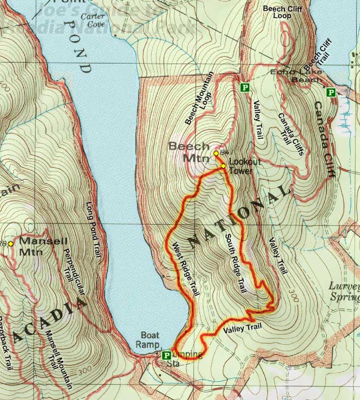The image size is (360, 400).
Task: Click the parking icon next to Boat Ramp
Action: (x=166, y=355)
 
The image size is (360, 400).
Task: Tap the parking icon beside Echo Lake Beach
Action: (x=330, y=93)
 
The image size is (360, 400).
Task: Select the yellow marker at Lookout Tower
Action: (x=223, y=166)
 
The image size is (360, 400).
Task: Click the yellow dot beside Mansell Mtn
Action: (x=11, y=243)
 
